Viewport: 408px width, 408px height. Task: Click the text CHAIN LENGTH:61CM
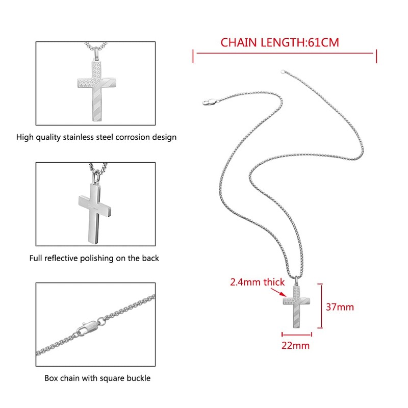pos(279,42)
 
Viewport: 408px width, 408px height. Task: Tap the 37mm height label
pos(340,307)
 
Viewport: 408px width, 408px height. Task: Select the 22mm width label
pos(296,345)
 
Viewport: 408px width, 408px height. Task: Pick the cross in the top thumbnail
pos(97,90)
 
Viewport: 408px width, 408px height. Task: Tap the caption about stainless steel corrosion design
pos(96,137)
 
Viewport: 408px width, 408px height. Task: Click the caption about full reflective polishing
pos(94,258)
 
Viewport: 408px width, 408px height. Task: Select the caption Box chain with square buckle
pos(97,378)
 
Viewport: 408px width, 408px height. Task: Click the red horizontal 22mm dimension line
pos(296,335)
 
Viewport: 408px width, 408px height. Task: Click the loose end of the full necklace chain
pos(281,72)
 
